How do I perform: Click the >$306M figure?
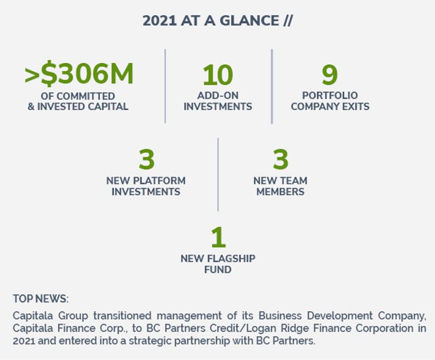click(79, 73)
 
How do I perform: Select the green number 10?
click(218, 75)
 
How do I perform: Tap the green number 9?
click(329, 75)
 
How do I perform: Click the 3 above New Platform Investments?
click(147, 159)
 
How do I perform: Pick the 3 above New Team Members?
click(281, 159)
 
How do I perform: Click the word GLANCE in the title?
click(249, 21)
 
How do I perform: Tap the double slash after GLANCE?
click(288, 21)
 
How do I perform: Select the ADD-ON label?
click(218, 95)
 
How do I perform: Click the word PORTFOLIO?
click(330, 95)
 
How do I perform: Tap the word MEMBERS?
click(280, 192)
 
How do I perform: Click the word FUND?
click(218, 269)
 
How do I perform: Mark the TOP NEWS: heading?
click(41, 299)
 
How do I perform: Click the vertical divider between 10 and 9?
click(272, 87)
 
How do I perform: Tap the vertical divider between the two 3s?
click(218, 175)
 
